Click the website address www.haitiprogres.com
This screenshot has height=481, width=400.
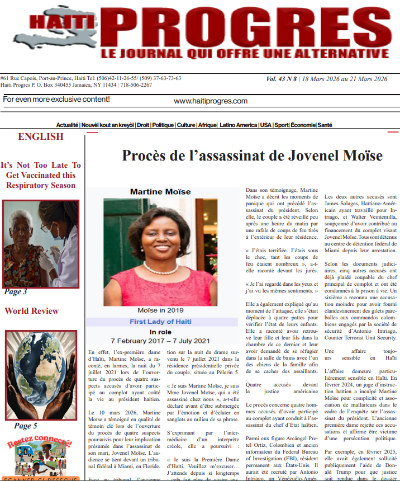[210, 101]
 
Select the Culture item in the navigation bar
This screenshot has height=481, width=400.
[186, 125]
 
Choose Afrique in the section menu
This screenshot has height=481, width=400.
[207, 125]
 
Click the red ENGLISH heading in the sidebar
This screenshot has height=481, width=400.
[40, 136]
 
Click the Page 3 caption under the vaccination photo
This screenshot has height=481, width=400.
[15, 291]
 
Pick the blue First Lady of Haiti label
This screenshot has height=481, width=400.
[160, 322]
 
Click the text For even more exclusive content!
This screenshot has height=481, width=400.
[56, 100]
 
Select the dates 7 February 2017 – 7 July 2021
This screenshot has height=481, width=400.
[160, 340]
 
